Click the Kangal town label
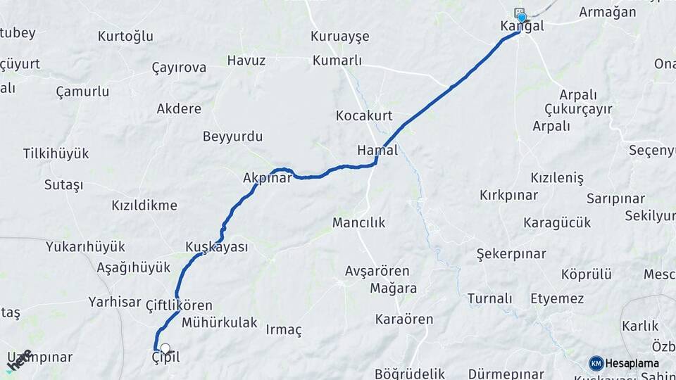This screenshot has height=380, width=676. point(522,27)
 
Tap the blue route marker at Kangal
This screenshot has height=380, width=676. point(522,18)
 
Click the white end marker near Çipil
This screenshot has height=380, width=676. point(165,348)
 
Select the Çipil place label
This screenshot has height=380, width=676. point(166,357)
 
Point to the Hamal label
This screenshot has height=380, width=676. point(377,150)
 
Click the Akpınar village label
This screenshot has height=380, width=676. point(267,179)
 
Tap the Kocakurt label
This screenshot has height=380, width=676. point(364,115)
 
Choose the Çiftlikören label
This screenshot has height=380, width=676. point(178,305)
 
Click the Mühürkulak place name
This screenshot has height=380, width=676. point(220,323)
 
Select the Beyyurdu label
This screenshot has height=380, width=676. point(232,137)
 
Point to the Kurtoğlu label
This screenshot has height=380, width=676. point(125,37)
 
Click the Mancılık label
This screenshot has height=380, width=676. point(359,223)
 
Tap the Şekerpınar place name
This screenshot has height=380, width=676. point(511,253)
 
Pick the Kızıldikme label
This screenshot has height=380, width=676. point(144,205)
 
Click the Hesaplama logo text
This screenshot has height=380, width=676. point(632,363)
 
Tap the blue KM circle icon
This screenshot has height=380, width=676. point(596,363)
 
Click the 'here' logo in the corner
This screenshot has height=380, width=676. point(19,360)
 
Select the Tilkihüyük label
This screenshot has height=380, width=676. point(56,153)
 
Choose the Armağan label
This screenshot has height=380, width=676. point(607,12)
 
